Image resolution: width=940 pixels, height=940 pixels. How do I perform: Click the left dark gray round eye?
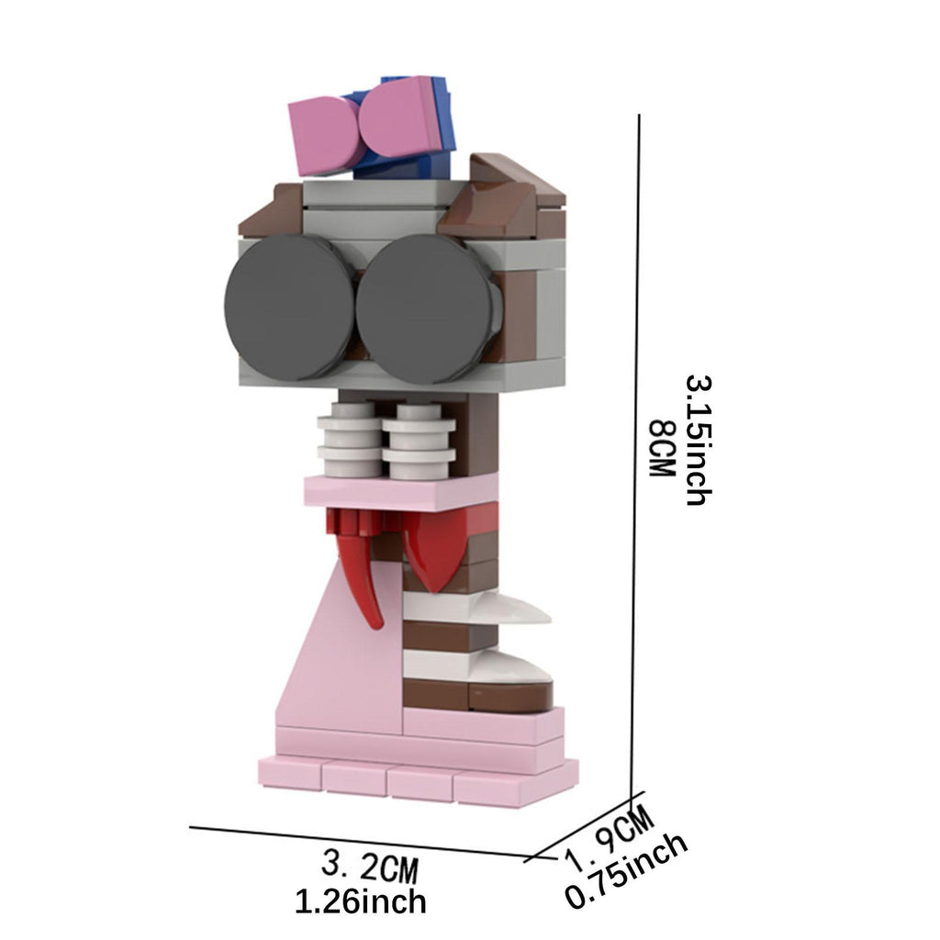tap(289, 307)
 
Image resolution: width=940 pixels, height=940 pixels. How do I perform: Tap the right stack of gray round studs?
tap(419, 442)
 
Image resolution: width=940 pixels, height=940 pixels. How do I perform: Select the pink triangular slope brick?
tap(348, 659)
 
